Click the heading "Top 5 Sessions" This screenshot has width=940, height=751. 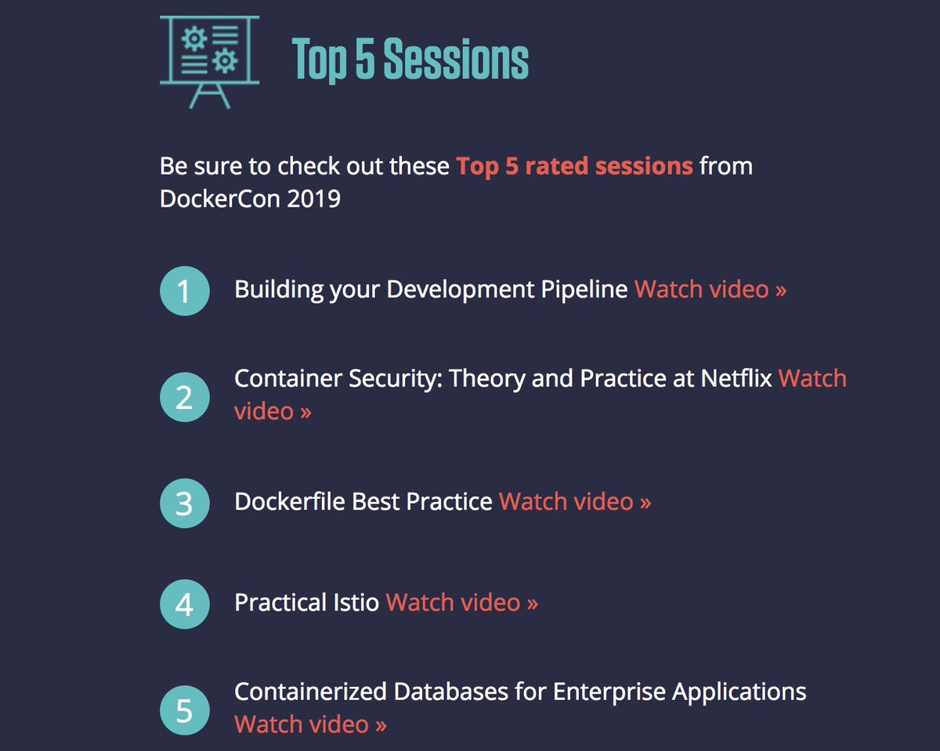410,60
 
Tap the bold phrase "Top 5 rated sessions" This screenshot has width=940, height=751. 574,166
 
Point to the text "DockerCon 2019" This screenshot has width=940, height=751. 250,199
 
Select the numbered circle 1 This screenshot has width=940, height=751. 184,291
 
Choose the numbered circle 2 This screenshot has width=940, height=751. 184,397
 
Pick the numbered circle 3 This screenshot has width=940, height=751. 184,503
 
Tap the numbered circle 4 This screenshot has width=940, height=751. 184,605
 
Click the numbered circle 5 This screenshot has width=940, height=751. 184,710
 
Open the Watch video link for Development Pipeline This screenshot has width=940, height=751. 710,290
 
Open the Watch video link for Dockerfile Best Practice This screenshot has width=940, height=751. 575,501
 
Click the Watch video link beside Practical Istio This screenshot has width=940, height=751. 462,603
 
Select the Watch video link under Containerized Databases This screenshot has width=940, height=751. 310,724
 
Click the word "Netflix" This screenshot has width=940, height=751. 736,379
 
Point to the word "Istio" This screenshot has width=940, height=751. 352,603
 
